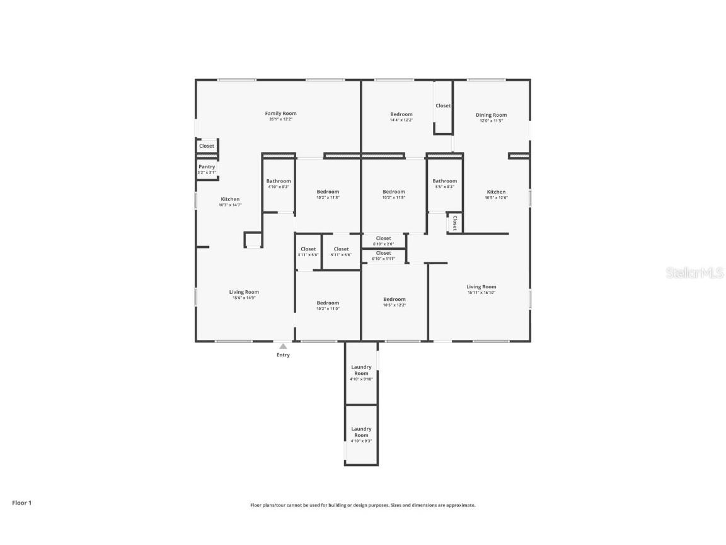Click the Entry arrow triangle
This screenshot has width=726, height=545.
(283, 346)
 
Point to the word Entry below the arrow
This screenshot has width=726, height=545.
(283, 355)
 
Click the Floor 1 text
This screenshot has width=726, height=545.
(21, 503)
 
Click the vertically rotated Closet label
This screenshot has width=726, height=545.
(454, 223)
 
